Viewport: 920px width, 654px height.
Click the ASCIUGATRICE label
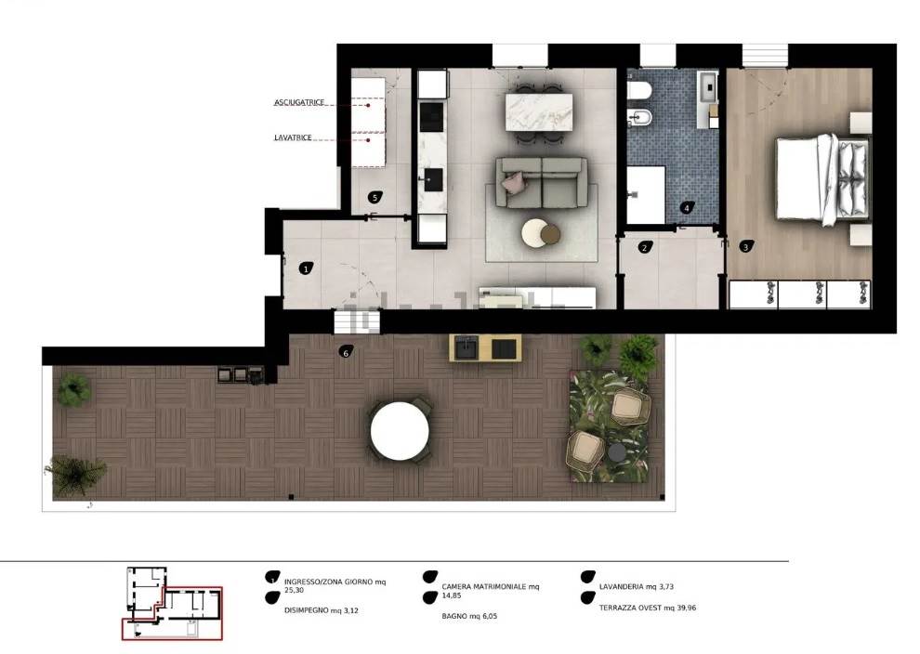299,102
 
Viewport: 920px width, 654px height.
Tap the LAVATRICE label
293,137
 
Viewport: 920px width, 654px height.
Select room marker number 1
306,268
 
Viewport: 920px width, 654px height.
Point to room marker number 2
645,247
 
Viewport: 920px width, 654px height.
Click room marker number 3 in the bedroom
745,247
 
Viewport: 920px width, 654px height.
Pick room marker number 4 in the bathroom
688,208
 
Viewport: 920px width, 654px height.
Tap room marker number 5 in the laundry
375,198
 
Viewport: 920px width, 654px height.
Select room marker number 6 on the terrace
347,352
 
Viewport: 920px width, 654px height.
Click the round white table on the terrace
401,431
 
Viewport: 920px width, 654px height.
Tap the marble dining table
539,112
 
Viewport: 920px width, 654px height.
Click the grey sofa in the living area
541,182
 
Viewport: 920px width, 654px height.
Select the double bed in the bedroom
823,179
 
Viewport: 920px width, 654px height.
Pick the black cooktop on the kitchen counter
432,117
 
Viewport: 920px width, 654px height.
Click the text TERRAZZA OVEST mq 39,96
648,608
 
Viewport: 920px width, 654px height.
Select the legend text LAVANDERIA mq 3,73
637,586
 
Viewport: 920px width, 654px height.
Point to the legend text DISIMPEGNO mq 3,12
321,610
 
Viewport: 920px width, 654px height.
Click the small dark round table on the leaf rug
617,452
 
